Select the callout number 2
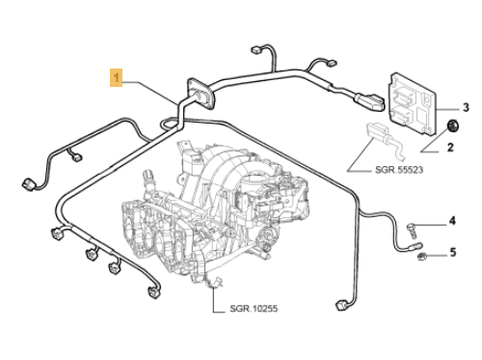click(x=448, y=148)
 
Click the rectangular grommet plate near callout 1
click(x=201, y=94)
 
